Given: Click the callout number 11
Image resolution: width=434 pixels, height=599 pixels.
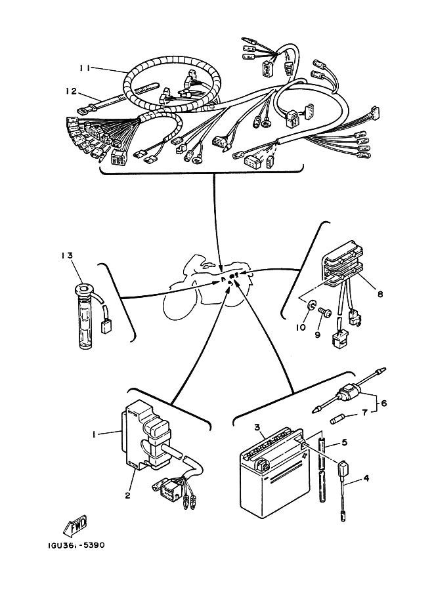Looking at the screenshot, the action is (x=85, y=68).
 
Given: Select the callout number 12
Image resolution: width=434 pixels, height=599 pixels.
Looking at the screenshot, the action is (x=71, y=91).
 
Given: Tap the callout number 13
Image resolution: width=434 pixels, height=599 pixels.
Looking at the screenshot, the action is (x=67, y=255).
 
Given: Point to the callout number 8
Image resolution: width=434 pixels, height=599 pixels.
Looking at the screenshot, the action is (x=380, y=294).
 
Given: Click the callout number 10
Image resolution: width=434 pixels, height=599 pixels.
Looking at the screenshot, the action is (x=301, y=327).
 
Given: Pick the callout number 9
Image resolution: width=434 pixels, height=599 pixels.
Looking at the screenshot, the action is (x=317, y=335).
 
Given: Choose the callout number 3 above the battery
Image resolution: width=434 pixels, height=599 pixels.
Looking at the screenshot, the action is (x=258, y=426).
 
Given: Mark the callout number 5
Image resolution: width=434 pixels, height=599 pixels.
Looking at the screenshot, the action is (x=345, y=443).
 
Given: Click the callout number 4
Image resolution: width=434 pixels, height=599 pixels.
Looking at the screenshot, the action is (x=366, y=478).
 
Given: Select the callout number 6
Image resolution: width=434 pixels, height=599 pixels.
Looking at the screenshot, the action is (x=384, y=403).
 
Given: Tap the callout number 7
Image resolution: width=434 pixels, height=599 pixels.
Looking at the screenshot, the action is (x=364, y=413).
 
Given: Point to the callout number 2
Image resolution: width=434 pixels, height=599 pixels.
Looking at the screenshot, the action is (x=128, y=495).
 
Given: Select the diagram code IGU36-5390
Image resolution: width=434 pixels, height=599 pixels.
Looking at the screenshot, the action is (x=76, y=545).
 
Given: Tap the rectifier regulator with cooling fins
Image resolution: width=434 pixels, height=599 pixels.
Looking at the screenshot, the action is (x=344, y=264).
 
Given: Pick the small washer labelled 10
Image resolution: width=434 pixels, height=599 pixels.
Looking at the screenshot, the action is (x=312, y=305).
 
